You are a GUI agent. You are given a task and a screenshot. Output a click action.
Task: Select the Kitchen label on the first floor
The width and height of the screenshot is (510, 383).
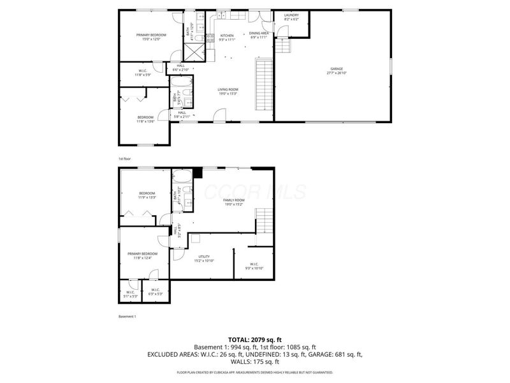tap(227, 36)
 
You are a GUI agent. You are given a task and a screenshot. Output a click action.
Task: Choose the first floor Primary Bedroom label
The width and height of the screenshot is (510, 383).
tap(151, 34)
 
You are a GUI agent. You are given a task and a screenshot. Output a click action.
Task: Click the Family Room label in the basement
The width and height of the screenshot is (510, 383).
tap(233, 200)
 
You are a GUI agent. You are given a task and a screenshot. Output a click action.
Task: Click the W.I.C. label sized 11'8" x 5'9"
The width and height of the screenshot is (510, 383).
tap(143, 71)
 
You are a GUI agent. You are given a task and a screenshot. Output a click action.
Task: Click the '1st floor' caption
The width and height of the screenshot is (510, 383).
tap(124, 158)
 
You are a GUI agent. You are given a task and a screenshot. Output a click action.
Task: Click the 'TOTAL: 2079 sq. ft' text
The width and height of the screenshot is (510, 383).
tap(255, 339)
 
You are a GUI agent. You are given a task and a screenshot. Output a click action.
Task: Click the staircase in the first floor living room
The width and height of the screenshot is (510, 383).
tap(263, 84)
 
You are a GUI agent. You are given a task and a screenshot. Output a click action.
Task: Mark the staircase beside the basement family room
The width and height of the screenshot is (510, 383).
tap(264, 221)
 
